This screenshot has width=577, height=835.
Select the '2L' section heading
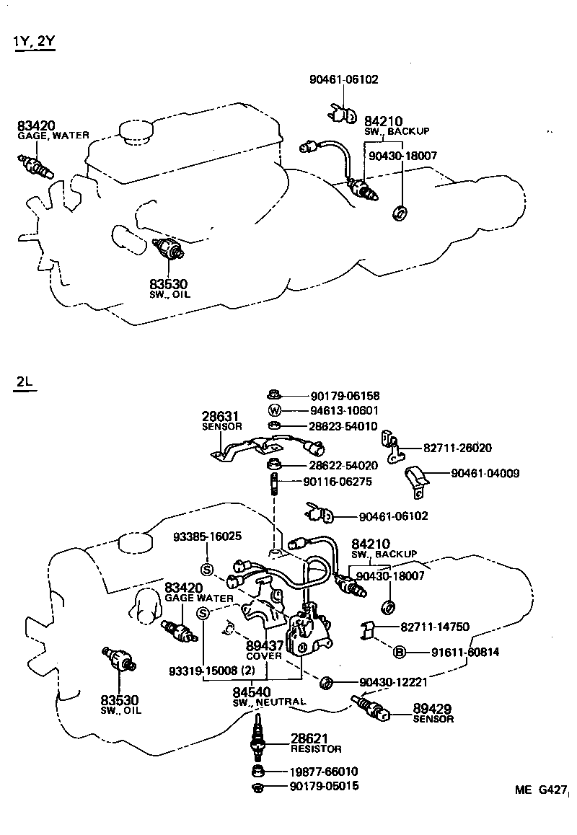(x=24, y=381)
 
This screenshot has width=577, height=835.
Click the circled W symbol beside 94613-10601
(x=273, y=410)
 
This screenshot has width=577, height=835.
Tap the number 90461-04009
(x=485, y=474)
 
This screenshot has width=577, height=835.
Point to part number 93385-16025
(x=207, y=536)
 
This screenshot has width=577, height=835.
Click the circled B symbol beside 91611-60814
(x=399, y=653)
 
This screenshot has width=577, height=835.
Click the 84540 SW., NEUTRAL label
(x=268, y=696)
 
